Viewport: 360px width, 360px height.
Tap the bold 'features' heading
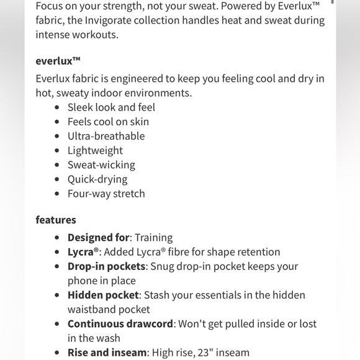point(56,220)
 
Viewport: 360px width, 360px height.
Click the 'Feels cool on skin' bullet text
point(108,122)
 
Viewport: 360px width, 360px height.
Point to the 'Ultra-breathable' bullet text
point(106,136)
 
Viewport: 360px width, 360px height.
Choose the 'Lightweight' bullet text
point(95,150)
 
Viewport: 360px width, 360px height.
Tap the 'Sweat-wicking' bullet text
point(101,165)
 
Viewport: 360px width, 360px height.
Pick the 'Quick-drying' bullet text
point(97,179)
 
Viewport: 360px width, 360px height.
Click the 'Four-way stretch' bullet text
point(106,194)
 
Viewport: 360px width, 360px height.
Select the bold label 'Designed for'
point(98,238)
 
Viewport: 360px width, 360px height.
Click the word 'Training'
point(153,238)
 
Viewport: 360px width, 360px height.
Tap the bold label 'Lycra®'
point(83,252)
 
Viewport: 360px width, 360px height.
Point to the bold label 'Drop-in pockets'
point(106,266)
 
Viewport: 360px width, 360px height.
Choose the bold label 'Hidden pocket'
point(102,295)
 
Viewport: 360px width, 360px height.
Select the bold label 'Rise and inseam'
point(106,353)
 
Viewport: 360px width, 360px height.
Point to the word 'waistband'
point(92,309)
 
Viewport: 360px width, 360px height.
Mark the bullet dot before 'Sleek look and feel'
point(57,107)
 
